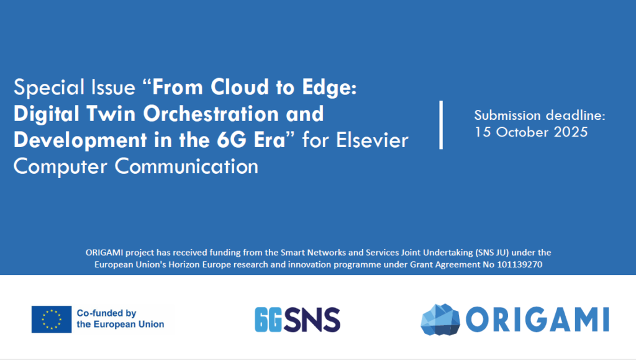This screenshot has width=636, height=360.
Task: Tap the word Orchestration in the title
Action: point(211,114)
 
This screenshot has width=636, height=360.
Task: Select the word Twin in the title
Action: point(111,114)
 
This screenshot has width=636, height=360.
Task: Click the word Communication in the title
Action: point(186,166)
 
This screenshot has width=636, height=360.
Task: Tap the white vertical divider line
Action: point(441,125)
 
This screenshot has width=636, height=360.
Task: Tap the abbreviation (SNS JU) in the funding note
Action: point(491,253)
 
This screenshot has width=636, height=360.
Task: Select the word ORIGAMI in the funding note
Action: point(104,253)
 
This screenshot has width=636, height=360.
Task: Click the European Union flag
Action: point(52,320)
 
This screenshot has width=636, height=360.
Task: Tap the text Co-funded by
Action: point(107,313)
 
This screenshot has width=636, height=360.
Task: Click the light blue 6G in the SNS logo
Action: point(268,320)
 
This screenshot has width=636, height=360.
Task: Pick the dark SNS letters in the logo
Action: point(312,320)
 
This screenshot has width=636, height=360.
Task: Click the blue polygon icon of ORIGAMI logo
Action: point(440,320)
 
